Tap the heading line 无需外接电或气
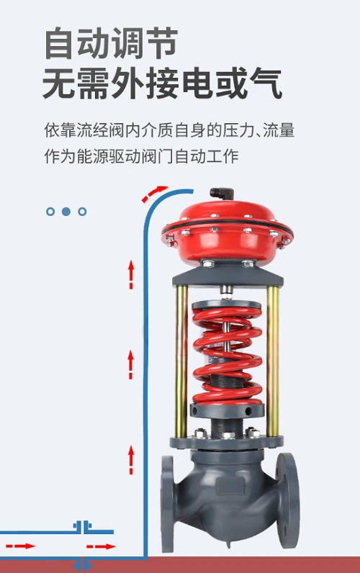point(162,84)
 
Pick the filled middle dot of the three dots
point(66,212)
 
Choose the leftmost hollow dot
point(50,212)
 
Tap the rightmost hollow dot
point(82,212)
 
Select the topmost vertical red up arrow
point(131,275)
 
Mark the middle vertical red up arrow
point(131,364)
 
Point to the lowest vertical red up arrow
point(131,459)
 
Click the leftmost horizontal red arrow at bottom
point(24,546)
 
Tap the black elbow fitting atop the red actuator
point(219,194)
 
